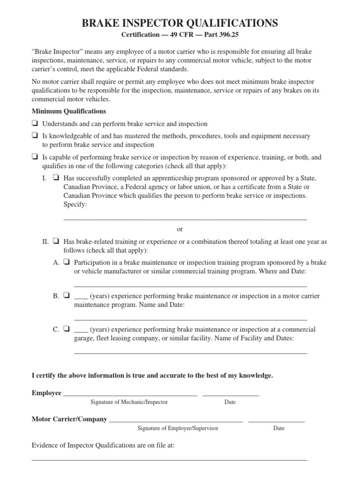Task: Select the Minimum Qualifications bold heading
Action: pyautogui.click(x=68, y=111)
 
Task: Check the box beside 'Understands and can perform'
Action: pyautogui.click(x=35, y=124)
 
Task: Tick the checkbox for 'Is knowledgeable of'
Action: pyautogui.click(x=35, y=136)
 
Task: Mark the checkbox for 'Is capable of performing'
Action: pyautogui.click(x=35, y=157)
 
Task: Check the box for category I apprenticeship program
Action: pyautogui.click(x=56, y=178)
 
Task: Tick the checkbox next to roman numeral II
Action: pyautogui.click(x=56, y=242)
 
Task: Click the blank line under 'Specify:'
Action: pyautogui.click(x=185, y=218)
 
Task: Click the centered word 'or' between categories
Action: pyautogui.click(x=180, y=229)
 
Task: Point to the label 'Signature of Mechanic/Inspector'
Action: pyautogui.click(x=129, y=402)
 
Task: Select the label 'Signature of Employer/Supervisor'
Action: pyautogui.click(x=178, y=428)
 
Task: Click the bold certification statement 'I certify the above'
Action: pyautogui.click(x=152, y=375)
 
